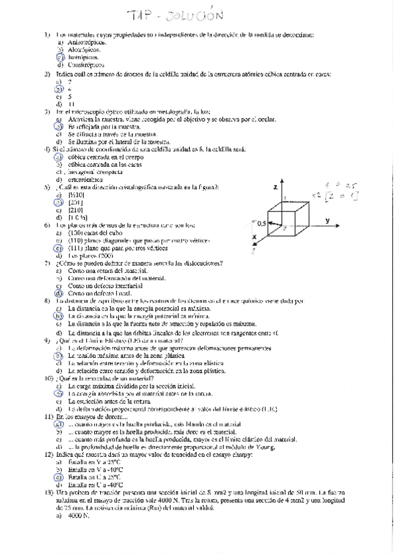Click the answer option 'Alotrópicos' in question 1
coord(85,49)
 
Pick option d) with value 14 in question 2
coord(71,104)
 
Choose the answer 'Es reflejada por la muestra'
coord(105,127)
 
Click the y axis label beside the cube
coord(327,220)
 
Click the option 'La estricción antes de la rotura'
coord(109,401)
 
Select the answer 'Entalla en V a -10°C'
coord(96,469)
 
